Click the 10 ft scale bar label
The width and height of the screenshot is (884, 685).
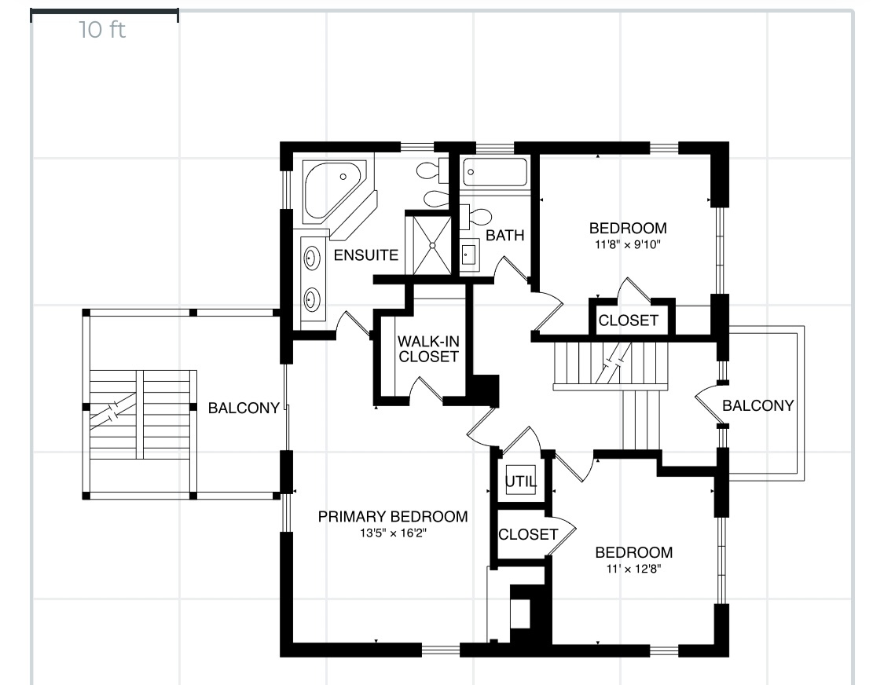point(102,31)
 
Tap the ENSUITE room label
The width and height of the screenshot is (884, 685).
point(366,255)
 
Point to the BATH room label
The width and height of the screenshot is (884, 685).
point(504,235)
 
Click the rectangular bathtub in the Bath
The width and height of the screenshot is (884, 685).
point(494,172)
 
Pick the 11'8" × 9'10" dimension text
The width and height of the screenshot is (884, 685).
point(628,244)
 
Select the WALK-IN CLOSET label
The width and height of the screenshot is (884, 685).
point(427,349)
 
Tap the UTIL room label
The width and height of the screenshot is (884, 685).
point(520,482)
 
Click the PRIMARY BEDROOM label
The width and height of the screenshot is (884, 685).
point(393,517)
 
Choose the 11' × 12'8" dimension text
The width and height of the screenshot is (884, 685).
point(633,569)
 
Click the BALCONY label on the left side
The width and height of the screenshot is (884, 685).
point(244,408)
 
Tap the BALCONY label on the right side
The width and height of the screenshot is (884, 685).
point(757,406)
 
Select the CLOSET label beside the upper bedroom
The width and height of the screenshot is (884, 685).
point(629,321)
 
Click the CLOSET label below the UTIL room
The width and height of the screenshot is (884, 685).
point(528,535)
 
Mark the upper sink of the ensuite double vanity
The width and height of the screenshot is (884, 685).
point(312,257)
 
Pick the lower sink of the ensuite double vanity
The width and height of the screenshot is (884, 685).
point(312,299)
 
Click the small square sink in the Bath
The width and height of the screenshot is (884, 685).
point(469,254)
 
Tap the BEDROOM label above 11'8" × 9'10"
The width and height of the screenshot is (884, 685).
point(628,229)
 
